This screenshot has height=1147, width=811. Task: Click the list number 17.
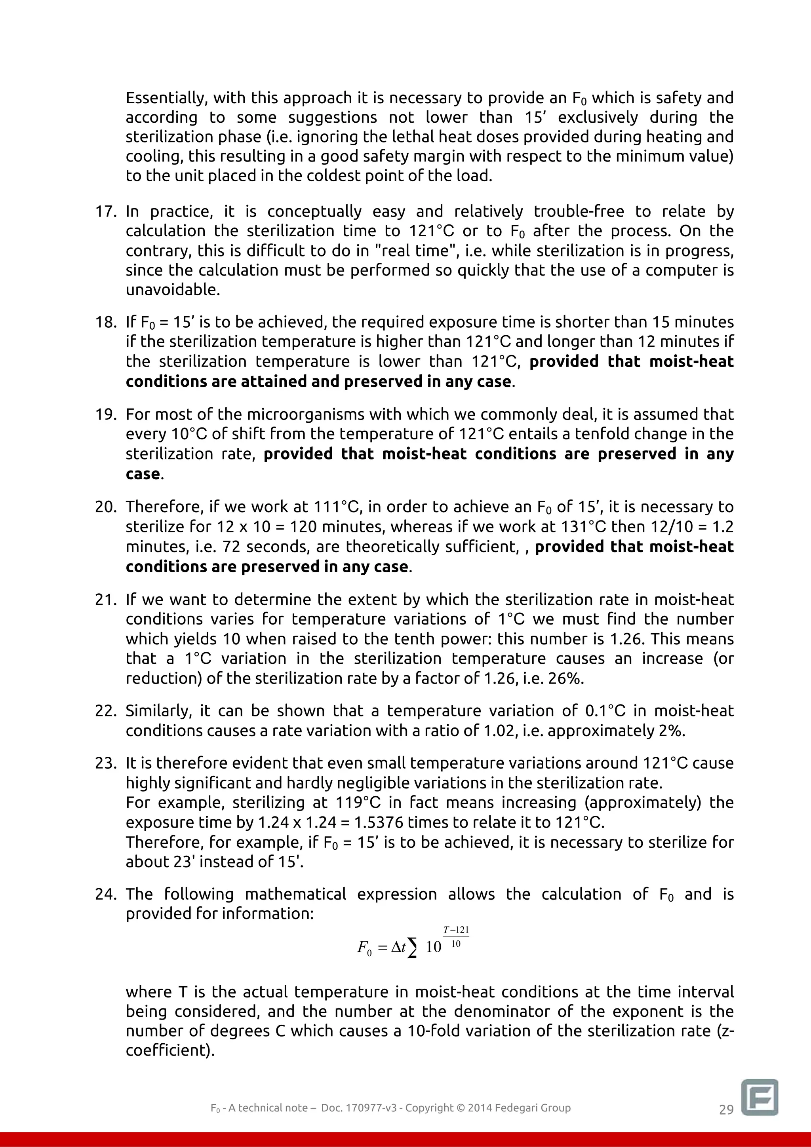point(105,212)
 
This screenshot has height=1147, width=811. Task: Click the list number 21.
point(105,600)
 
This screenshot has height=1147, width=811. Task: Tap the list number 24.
point(105,894)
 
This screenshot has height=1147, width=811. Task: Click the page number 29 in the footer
point(726,1109)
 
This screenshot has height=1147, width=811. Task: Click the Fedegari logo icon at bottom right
point(760,1097)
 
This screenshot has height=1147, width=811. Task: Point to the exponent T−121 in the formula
point(456,930)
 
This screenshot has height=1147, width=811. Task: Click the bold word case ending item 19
point(143,474)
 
